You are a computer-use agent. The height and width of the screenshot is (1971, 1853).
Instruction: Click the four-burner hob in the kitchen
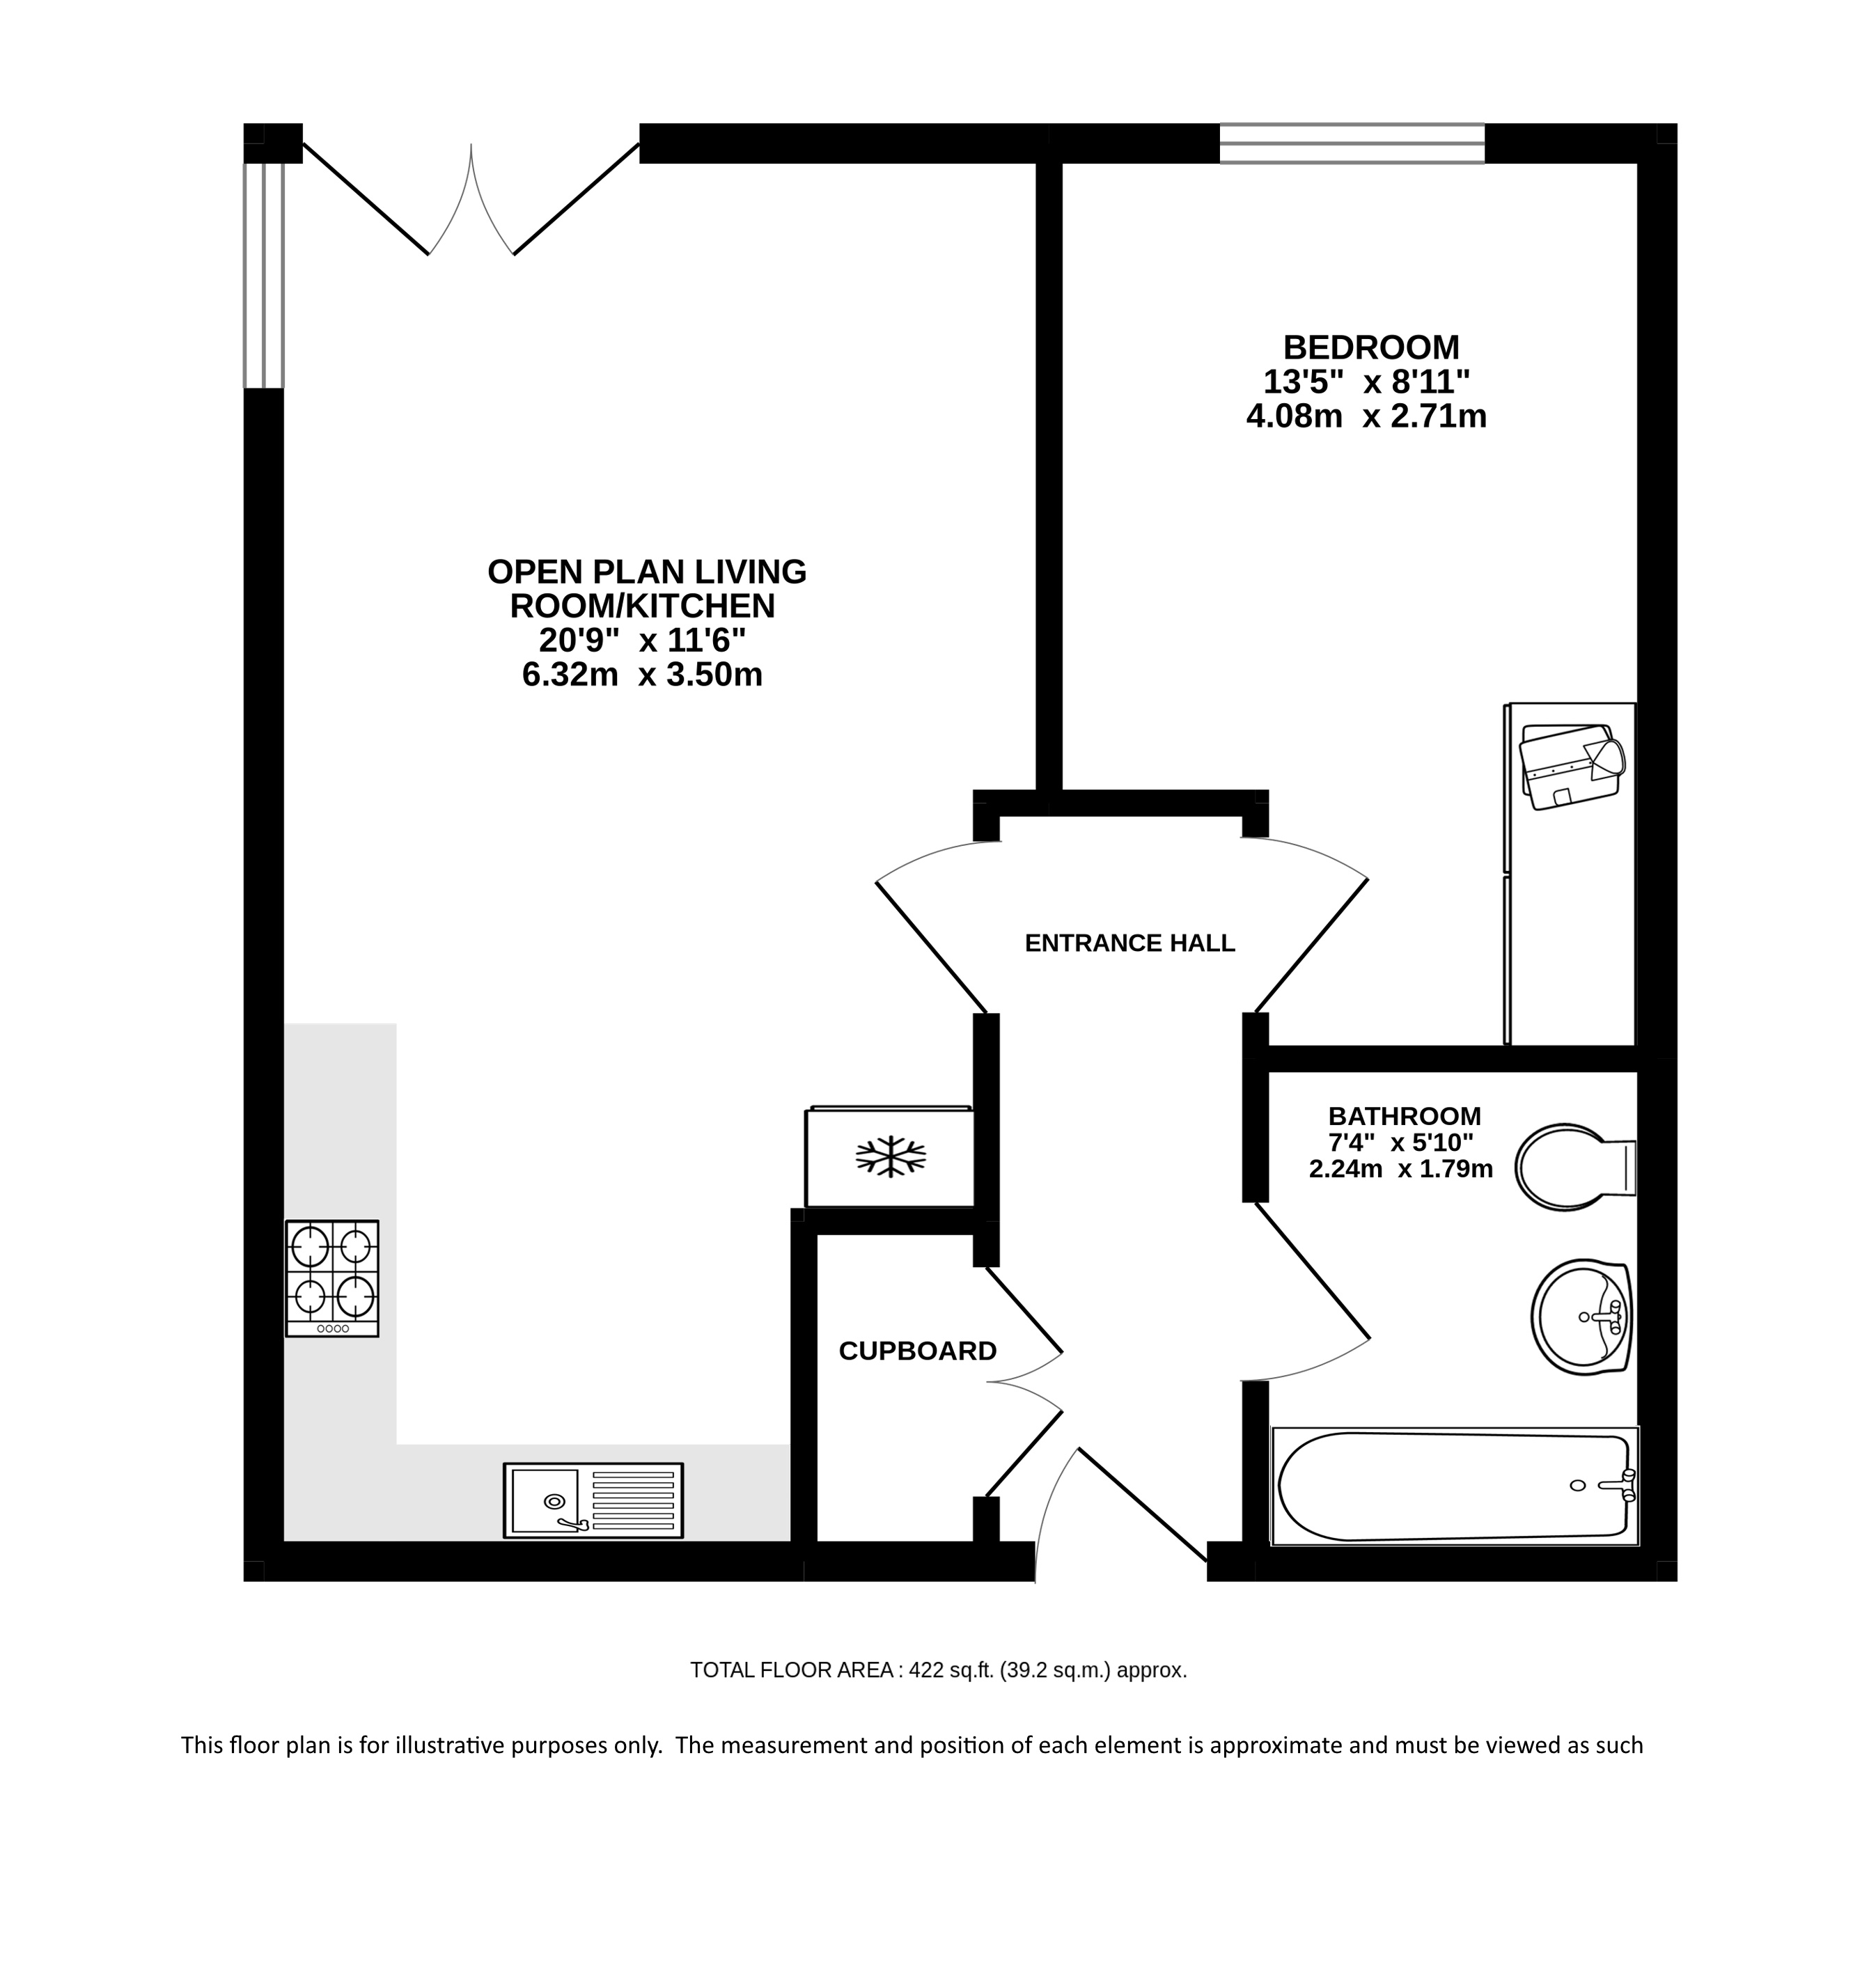tap(332, 1278)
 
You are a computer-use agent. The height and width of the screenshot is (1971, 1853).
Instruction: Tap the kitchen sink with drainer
tap(593, 1500)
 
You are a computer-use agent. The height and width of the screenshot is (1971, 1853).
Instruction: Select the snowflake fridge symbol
tap(891, 1156)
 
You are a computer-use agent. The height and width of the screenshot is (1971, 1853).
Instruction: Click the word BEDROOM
tap(1371, 347)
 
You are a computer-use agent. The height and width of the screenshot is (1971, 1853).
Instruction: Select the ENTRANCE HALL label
tap(1129, 943)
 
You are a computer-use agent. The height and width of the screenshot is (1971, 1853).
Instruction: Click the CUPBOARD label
tap(917, 1351)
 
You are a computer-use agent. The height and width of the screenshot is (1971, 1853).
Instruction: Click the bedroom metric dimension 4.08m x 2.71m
tap(1366, 416)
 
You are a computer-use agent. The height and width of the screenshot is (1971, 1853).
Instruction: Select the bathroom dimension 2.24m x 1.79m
tap(1401, 1169)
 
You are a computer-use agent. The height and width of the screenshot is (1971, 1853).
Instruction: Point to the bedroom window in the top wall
tap(1352, 143)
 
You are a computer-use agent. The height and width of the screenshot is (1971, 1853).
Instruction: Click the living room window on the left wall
tap(264, 274)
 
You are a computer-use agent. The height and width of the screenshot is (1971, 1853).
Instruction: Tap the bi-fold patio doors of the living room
tap(471, 198)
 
